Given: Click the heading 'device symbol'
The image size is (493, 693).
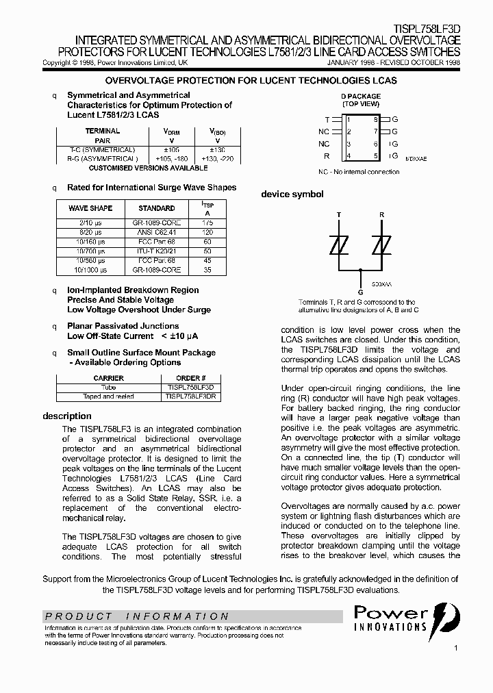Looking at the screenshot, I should click(x=292, y=194).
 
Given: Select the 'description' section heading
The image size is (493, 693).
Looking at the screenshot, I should click(x=67, y=416).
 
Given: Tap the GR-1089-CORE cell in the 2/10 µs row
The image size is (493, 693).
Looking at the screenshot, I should click(x=157, y=223).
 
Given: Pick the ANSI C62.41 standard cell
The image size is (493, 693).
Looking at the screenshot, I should click(x=157, y=232).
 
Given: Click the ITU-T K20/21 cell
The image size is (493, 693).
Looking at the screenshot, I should click(x=157, y=251).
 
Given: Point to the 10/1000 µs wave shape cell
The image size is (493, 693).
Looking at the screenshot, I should click(x=90, y=270).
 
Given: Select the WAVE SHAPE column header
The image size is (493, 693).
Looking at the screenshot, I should click(x=90, y=208).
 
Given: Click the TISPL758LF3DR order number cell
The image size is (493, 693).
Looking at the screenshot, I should click(x=191, y=396).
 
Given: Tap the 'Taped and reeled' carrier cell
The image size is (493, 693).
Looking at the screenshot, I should click(x=108, y=396).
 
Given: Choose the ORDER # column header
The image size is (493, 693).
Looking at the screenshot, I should click(x=191, y=378).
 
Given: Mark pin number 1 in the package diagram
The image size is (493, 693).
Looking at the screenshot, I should click(x=349, y=119).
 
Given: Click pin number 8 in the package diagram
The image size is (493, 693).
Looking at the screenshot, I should click(x=375, y=119).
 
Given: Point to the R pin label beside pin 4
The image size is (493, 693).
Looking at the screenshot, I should click(x=327, y=156).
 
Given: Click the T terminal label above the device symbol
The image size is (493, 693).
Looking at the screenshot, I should click(x=338, y=214).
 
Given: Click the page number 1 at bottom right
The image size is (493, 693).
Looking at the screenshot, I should click(x=455, y=647).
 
